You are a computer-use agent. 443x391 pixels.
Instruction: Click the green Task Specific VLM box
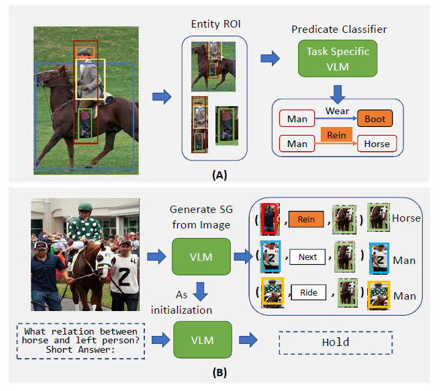coord(338,58)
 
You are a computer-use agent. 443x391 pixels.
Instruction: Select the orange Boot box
coord(375,119)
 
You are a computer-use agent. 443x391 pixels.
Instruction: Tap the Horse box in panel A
coord(377,143)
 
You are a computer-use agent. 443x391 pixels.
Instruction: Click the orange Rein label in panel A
coord(336,135)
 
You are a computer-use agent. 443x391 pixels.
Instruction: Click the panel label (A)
coord(219,175)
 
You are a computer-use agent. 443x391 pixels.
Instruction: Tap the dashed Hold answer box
coord(336,342)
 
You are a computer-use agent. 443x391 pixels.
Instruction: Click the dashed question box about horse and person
coord(79,341)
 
